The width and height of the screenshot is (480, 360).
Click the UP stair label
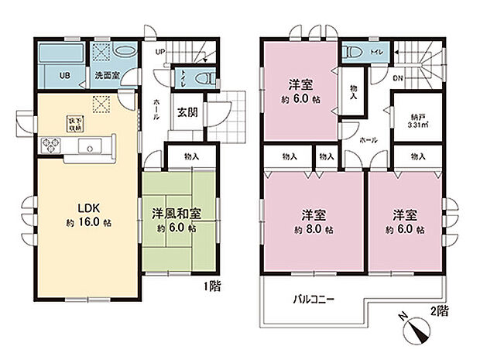(160, 52)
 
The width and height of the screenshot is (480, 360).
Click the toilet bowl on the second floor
(354, 53)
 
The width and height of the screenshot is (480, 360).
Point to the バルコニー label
(313, 299)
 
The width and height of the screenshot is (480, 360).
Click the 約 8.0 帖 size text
(313, 230)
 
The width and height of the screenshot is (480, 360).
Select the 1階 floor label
(213, 286)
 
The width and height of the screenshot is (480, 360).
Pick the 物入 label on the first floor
(191, 157)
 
